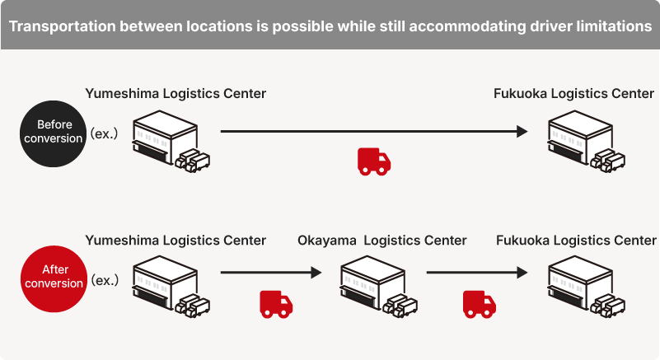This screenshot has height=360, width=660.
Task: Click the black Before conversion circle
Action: click(x=54, y=132)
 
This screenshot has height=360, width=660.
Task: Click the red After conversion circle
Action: click(x=54, y=276)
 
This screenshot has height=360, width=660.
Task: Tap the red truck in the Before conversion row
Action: click(x=374, y=161)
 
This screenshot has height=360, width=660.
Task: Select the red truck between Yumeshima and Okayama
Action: click(x=276, y=304)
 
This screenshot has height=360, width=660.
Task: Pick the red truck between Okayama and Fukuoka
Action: click(x=479, y=304)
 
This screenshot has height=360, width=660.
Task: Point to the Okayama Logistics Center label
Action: click(x=382, y=241)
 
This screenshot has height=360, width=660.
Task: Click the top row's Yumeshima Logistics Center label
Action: click(x=176, y=94)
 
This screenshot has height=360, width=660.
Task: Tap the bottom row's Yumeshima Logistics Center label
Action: click(x=176, y=241)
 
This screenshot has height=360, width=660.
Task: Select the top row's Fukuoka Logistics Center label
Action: click(x=573, y=94)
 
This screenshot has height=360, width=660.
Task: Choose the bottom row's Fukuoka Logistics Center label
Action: click(x=576, y=241)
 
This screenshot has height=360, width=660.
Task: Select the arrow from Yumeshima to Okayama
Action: click(x=270, y=272)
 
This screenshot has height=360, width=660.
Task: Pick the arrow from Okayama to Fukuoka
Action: click(x=476, y=272)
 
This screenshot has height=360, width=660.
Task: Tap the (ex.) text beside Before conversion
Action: click(x=105, y=133)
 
